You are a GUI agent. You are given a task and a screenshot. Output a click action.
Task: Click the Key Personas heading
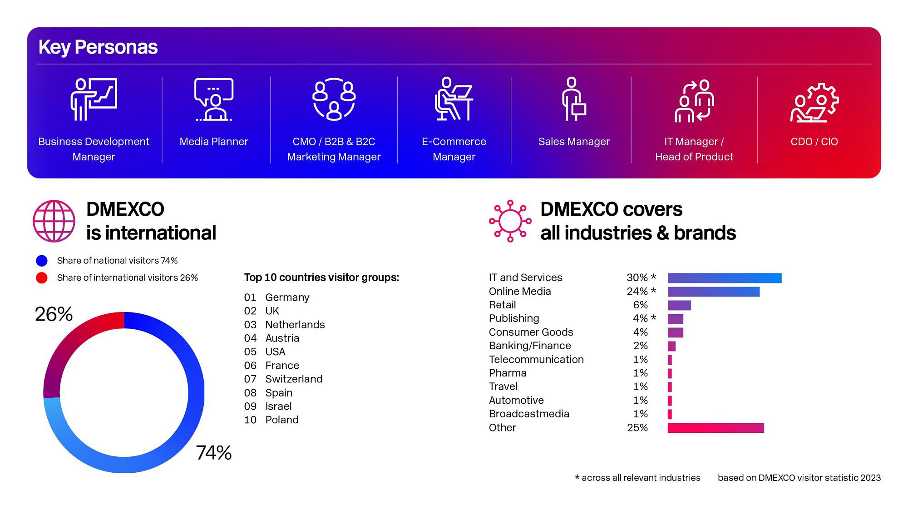coord(98,47)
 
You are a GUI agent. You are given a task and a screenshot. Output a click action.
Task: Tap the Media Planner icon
coord(213,99)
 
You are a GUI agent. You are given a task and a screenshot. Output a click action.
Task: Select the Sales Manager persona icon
coord(573,99)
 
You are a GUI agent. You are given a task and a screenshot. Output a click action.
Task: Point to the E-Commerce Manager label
coord(454,149)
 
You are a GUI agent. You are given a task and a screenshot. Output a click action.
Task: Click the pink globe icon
coord(54,221)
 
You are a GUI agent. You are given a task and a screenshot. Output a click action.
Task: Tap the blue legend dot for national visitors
coord(42,261)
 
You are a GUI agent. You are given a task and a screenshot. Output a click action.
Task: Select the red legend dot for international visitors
coord(42,278)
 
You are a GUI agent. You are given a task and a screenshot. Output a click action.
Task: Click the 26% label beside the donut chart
coord(54,314)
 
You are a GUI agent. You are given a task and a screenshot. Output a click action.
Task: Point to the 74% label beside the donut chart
coord(213,453)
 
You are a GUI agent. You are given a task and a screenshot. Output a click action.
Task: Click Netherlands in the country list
coord(295,325)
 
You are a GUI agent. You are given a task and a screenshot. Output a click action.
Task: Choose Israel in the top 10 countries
coord(278,406)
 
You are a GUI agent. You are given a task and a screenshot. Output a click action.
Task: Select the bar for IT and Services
coord(724,278)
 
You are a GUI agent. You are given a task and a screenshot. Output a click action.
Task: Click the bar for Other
coord(716,428)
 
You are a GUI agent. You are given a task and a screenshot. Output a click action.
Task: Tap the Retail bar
coord(679,305)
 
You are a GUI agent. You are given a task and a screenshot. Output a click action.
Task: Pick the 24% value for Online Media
coord(637,292)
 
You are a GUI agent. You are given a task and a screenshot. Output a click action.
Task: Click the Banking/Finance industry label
coord(530,346)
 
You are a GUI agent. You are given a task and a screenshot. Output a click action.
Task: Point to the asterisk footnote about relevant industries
coord(637,478)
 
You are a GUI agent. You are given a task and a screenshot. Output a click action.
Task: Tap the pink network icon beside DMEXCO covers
coord(510,221)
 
